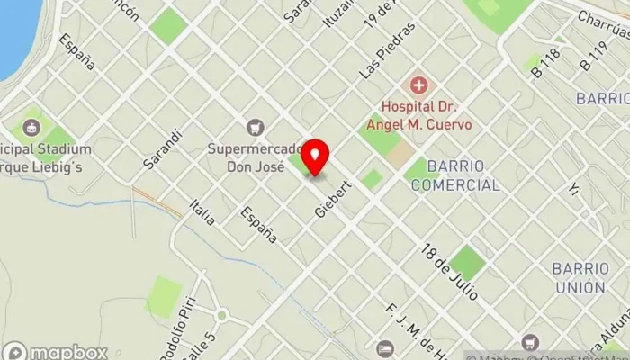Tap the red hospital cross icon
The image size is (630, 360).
pos(418,86)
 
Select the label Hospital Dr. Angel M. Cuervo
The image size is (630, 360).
pos(418,115)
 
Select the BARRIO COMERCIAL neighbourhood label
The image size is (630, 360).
pos(454,175)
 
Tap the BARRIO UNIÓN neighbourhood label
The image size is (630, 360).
pos(579,278)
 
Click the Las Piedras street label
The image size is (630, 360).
pos(374,50)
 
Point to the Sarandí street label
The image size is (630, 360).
pos(163,149)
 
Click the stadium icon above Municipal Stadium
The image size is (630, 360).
pos(32,128)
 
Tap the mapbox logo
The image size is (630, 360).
pos(55,352)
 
